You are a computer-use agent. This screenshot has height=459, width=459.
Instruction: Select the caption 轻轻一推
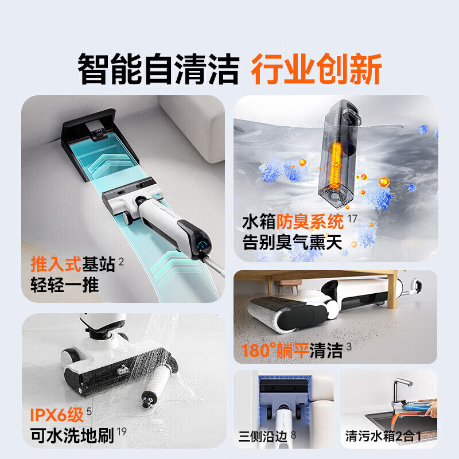click(65, 285)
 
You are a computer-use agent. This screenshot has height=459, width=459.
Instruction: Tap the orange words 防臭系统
click(310, 221)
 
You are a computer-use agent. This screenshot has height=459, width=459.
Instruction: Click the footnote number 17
click(352, 218)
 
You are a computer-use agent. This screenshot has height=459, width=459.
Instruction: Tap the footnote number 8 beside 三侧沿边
click(293, 434)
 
